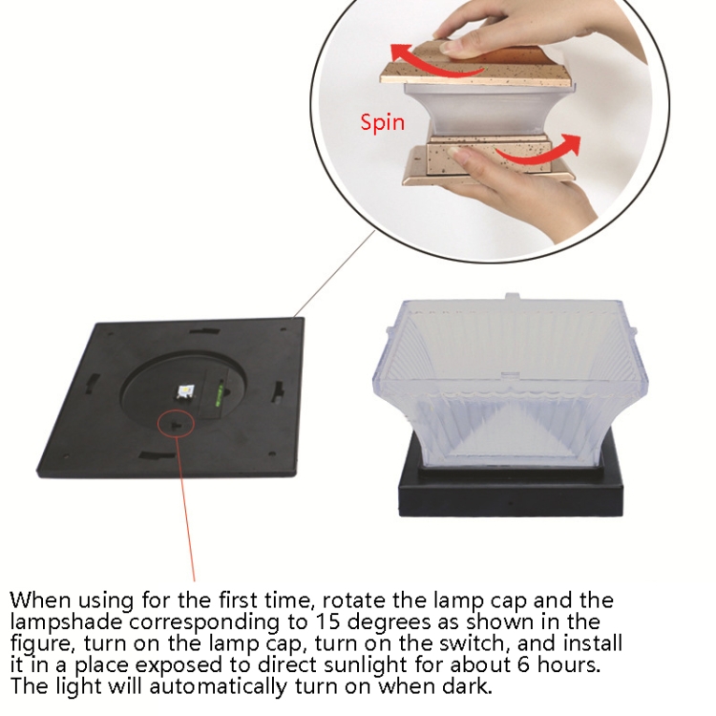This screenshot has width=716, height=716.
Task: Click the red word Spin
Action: (x=382, y=122)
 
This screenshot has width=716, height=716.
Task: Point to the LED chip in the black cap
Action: (x=186, y=391)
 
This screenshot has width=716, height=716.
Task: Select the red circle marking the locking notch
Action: (x=177, y=423)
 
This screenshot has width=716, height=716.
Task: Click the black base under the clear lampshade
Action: (x=511, y=495)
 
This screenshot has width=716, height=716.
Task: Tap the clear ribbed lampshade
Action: (x=510, y=384)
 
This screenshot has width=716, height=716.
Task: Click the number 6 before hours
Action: (x=523, y=664)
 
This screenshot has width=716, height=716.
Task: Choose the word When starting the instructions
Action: (x=40, y=600)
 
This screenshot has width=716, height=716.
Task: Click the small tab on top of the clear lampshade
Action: (x=513, y=297)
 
